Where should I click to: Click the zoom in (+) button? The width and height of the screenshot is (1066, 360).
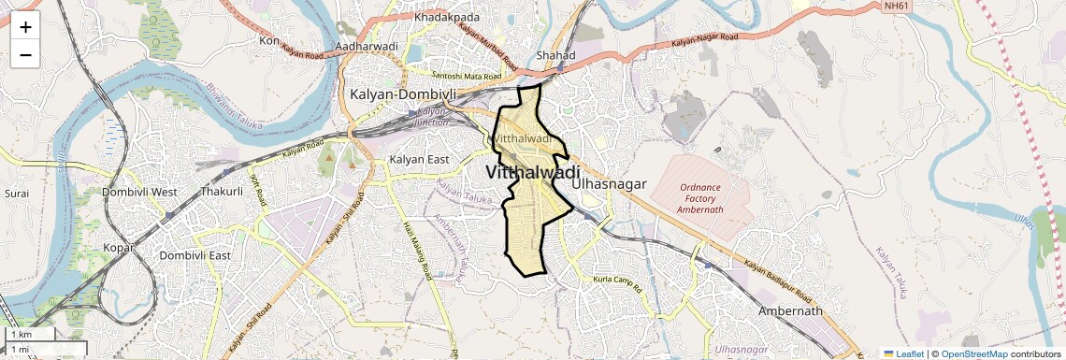click(x=25, y=27)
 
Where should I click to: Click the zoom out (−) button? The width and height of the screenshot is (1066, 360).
click(x=25, y=55)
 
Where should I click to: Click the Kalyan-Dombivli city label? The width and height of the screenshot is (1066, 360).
click(x=403, y=94)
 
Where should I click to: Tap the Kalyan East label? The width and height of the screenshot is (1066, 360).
click(x=420, y=159)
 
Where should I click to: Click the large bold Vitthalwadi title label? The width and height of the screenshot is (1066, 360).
click(x=532, y=173)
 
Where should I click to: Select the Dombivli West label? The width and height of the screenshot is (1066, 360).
click(x=139, y=192)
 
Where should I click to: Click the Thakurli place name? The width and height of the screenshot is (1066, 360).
click(x=222, y=192)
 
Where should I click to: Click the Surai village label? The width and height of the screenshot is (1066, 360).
click(x=17, y=193)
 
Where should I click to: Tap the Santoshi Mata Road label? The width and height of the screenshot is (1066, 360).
click(x=467, y=75)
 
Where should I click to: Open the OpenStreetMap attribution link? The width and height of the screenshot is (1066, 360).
click(x=974, y=353)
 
